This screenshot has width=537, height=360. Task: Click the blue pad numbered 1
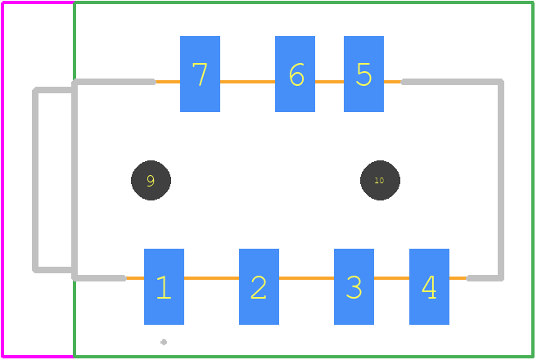click(x=164, y=286)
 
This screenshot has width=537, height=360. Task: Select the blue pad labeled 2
click(x=259, y=286)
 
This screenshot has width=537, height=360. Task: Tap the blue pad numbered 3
click(x=354, y=286)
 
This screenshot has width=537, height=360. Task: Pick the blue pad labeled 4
click(x=429, y=286)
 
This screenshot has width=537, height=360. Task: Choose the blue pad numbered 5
click(x=363, y=74)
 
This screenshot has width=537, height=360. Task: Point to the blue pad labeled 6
click(x=295, y=74)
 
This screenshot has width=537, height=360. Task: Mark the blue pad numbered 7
click(x=200, y=74)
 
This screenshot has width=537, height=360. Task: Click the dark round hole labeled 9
click(x=151, y=180)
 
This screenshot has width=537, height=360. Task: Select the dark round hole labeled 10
click(x=380, y=180)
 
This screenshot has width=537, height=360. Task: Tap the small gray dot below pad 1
click(x=164, y=342)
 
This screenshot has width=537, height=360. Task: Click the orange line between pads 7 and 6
click(x=247, y=82)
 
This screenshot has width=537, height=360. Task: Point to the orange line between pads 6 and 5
click(x=329, y=82)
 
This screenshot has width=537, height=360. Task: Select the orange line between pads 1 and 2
click(x=212, y=278)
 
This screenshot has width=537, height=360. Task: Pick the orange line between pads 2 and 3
click(x=306, y=278)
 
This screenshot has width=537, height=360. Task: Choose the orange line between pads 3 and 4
click(x=391, y=278)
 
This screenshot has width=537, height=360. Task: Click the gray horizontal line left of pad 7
click(x=114, y=82)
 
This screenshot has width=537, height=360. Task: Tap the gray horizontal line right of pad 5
click(x=452, y=82)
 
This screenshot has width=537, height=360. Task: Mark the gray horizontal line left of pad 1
click(x=99, y=278)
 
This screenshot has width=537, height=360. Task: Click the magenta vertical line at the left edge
click(x=2, y=180)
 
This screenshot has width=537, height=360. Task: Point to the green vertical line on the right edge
click(x=533, y=180)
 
